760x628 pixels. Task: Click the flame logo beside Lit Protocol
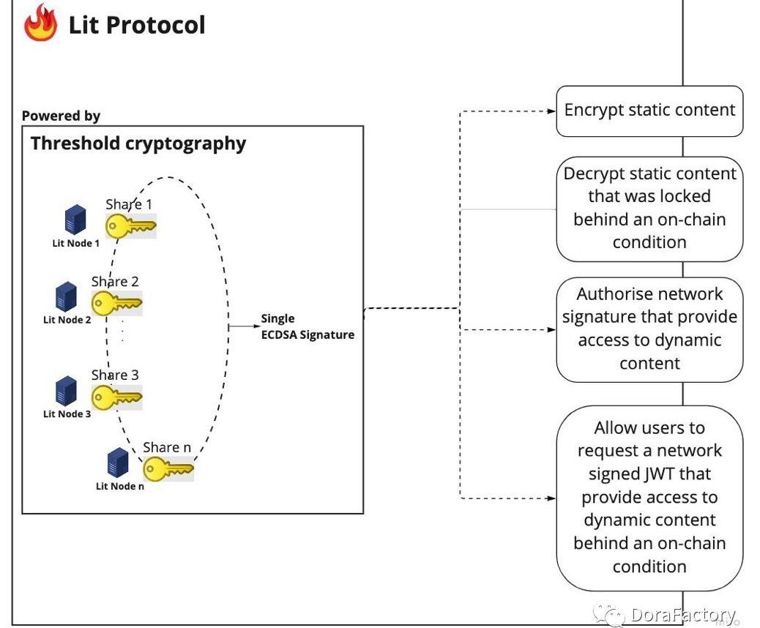[x=40, y=23]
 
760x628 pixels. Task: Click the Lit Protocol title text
[x=137, y=25]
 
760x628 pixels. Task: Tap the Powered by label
[x=61, y=116]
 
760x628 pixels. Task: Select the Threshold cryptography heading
[x=138, y=143]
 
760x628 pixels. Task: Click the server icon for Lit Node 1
[x=75, y=220]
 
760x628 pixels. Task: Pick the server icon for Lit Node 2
[x=67, y=296]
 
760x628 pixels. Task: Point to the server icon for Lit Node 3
[x=67, y=391]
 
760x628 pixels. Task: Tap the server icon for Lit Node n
[x=118, y=463]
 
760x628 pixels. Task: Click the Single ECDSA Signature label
[x=308, y=327]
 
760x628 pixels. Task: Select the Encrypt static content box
[x=649, y=111]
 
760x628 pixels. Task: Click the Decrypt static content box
[x=649, y=208]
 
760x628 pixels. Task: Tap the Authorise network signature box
[x=649, y=329]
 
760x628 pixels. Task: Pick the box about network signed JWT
[x=649, y=497]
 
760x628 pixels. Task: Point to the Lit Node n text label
[x=120, y=486]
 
